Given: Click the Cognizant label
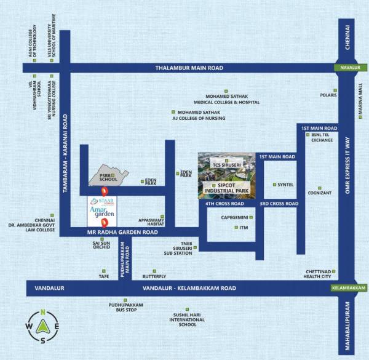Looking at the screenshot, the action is click(318, 193).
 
